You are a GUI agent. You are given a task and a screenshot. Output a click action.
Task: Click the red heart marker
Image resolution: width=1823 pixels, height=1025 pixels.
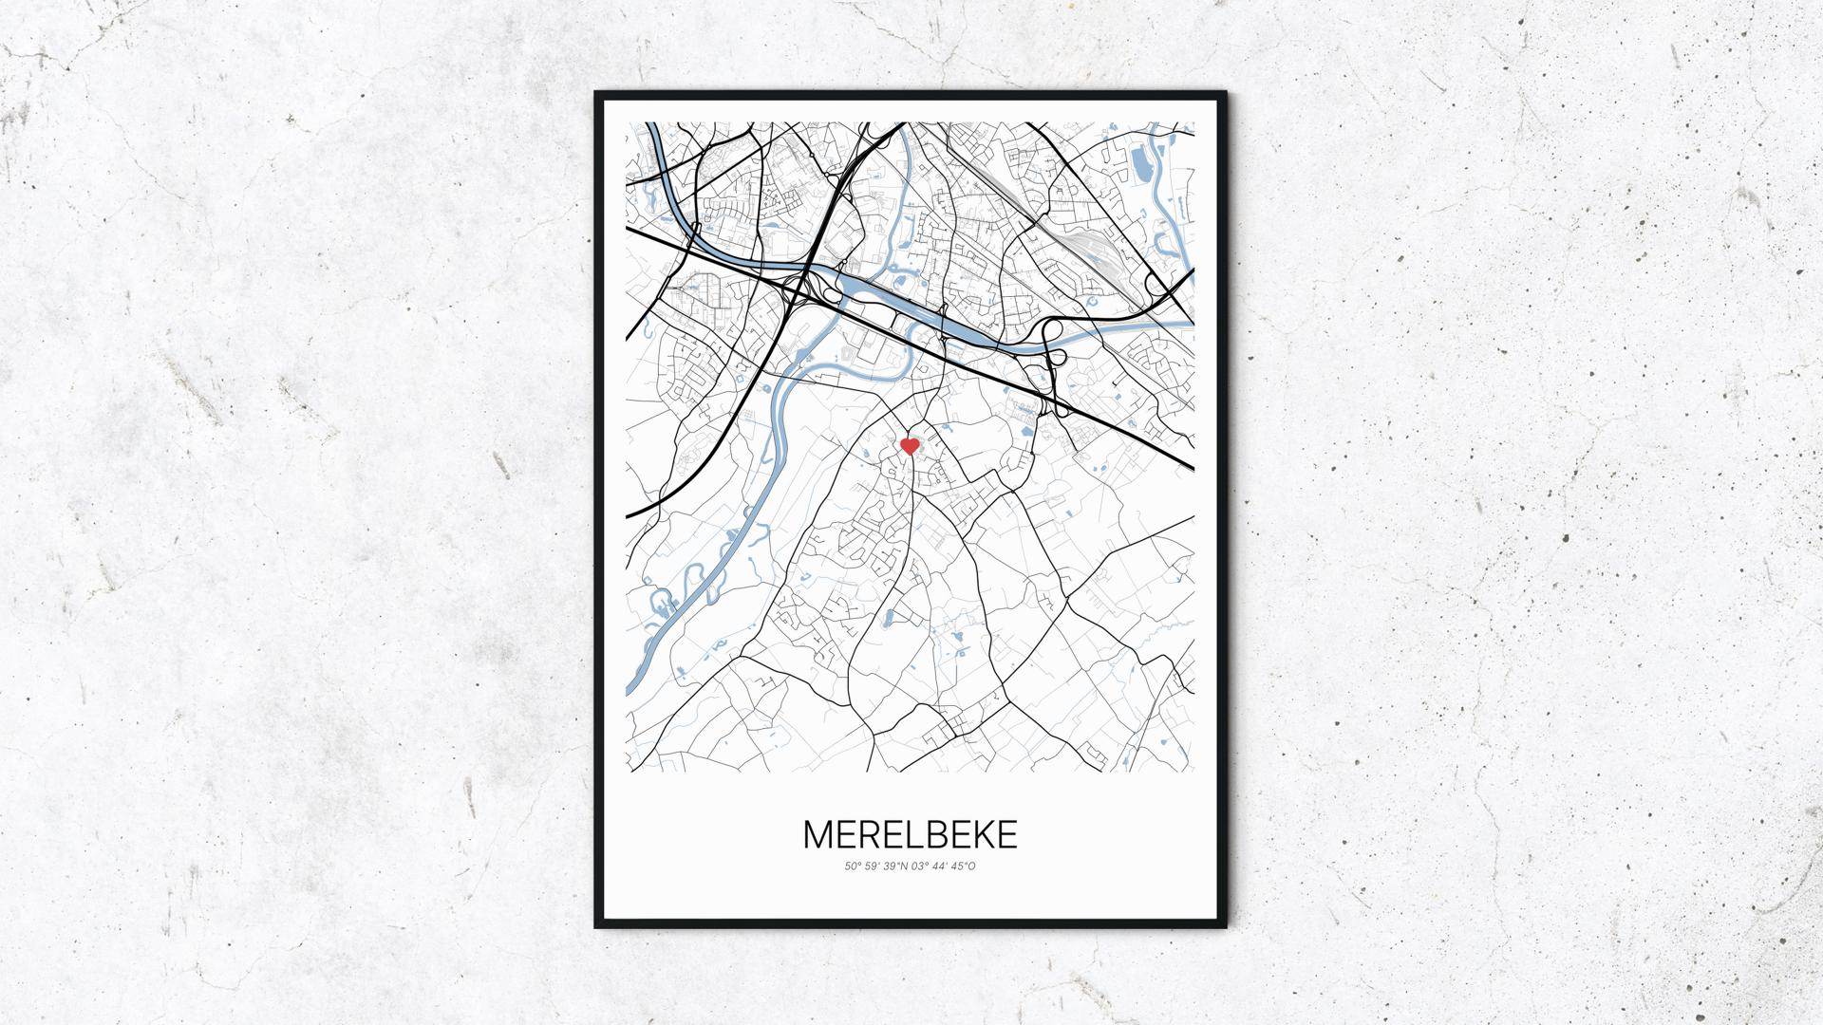pos(909,446)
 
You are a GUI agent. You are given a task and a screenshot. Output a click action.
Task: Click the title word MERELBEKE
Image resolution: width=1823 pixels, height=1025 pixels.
pos(910,834)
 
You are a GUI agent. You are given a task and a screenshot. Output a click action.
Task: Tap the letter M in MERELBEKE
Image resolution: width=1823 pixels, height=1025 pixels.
pos(819,834)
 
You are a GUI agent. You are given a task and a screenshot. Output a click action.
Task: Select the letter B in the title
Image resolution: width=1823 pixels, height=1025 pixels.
pos(932,834)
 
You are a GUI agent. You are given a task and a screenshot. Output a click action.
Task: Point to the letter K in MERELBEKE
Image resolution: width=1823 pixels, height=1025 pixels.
pos(982,834)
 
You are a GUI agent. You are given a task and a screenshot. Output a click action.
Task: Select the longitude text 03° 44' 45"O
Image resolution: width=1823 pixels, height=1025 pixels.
pos(944,866)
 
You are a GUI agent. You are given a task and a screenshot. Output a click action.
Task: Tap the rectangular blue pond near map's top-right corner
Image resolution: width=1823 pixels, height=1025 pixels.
pos(1141,166)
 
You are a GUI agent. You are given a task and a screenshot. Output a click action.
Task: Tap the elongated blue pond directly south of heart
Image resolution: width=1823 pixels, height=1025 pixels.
pos(889,620)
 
